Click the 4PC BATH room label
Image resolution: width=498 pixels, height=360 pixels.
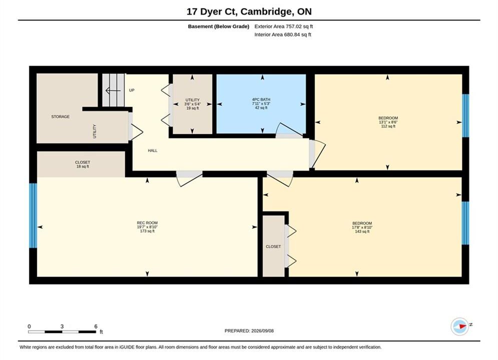point(261,99)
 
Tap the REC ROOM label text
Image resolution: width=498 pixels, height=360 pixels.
point(147,223)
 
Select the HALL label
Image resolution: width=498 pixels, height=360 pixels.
point(153,150)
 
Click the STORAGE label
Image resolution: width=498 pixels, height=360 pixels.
point(61,116)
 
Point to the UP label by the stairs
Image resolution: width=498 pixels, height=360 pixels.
point(132,90)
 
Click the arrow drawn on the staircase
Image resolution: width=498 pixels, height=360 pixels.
point(113,91)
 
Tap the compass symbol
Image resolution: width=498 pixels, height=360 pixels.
point(460,326)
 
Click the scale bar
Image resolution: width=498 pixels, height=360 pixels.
point(62,332)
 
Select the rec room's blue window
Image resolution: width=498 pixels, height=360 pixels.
point(33,215)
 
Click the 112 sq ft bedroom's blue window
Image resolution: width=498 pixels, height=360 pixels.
point(465,115)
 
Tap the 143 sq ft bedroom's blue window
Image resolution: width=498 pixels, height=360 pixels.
point(465,223)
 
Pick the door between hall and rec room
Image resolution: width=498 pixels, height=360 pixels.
point(189,178)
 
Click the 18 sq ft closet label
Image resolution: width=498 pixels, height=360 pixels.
point(83,164)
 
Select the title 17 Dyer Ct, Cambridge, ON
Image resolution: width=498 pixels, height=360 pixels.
point(249,11)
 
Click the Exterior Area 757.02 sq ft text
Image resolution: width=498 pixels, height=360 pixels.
point(284,26)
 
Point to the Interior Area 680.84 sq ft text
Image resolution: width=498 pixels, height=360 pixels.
point(283,34)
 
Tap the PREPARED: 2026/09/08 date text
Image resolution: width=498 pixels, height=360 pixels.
point(249,331)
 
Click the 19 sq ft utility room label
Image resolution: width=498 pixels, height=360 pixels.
point(193,104)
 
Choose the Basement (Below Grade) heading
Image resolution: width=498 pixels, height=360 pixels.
point(219,26)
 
